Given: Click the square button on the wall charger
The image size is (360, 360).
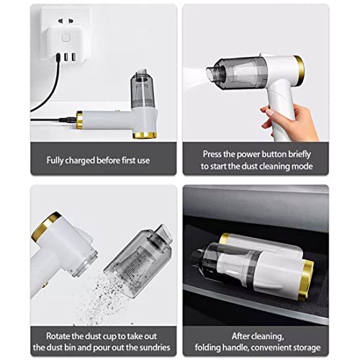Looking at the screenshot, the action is click(x=66, y=38).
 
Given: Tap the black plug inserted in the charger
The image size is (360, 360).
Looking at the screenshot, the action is click(x=58, y=58).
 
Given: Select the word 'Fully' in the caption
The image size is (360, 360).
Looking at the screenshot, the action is click(x=55, y=161).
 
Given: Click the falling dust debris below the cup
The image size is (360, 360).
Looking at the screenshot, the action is click(x=106, y=300).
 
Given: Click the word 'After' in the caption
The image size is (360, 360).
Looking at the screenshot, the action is click(x=240, y=336).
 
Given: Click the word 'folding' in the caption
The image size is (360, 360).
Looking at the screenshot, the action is click(x=207, y=348).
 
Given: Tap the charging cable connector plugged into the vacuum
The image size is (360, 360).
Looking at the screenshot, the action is click(x=68, y=120).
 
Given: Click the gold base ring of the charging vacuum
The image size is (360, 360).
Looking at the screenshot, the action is click(x=145, y=135).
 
